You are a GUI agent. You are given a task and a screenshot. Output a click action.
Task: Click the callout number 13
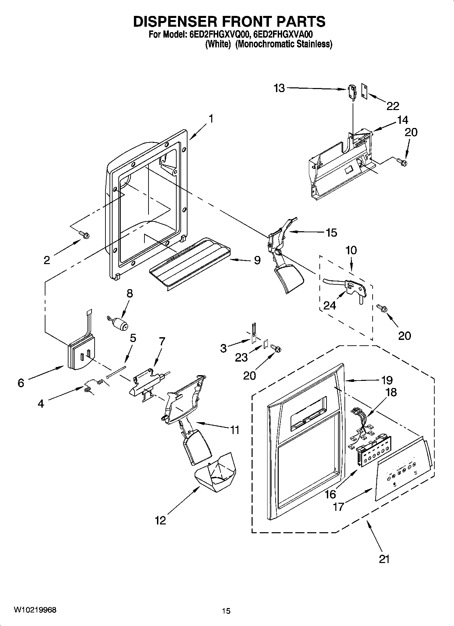pyautogui.click(x=279, y=88)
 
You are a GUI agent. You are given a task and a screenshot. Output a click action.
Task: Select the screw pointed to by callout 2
pyautogui.click(x=83, y=234)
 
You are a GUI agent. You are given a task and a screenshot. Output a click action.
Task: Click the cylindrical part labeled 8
pyautogui.click(x=119, y=323)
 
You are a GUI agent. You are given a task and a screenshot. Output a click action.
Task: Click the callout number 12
pyautogui.click(x=160, y=520)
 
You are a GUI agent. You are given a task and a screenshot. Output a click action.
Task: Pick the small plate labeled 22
pyautogui.click(x=364, y=93)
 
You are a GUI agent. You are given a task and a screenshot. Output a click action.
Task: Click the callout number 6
pyautogui.click(x=21, y=383)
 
